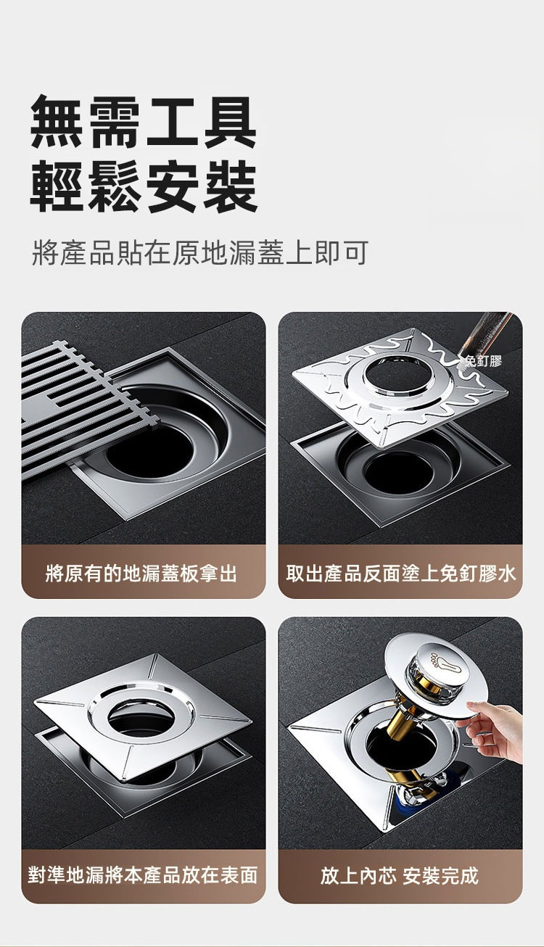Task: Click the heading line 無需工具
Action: coord(144,122)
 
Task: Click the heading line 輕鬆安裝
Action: coord(144,186)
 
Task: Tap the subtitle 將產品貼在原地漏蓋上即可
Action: coord(200,253)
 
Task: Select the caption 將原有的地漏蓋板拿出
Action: coord(141,574)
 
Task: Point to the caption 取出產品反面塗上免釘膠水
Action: coord(400,574)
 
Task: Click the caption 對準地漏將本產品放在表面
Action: coord(143,874)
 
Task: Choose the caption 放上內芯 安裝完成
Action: coord(400,874)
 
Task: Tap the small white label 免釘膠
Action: coord(482,360)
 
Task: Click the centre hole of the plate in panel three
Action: coord(141,717)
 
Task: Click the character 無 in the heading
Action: coord(57,122)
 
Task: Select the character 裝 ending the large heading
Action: coord(231,186)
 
